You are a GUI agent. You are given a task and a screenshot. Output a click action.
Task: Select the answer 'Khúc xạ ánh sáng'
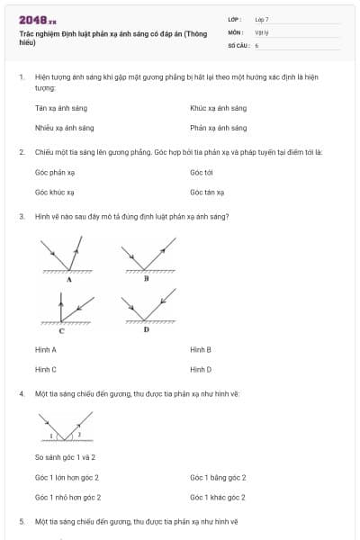coord(212,108)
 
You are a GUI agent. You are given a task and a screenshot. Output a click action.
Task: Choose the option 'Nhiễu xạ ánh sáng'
coord(64,128)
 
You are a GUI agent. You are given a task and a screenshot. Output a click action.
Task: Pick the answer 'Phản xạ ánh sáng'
coord(212,128)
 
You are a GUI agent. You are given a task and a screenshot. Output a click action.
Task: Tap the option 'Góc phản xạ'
coord(54,172)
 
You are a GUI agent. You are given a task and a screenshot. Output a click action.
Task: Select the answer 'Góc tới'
coord(202,172)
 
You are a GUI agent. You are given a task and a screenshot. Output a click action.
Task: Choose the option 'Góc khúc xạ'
coord(54,192)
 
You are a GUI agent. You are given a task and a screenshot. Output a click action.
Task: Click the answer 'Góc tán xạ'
coord(207,192)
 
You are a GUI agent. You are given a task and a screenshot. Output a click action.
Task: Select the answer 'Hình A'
coord(46,349)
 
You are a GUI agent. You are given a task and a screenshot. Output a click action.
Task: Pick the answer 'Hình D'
coord(201,369)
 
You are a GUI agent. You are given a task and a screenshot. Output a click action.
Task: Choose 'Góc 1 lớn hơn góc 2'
coord(67,477)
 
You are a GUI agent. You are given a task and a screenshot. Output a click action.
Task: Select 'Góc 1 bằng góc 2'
coord(218,477)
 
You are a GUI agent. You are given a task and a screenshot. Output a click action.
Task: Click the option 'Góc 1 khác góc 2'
coord(218,497)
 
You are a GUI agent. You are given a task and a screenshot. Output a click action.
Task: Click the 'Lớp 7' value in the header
coord(262,19)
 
